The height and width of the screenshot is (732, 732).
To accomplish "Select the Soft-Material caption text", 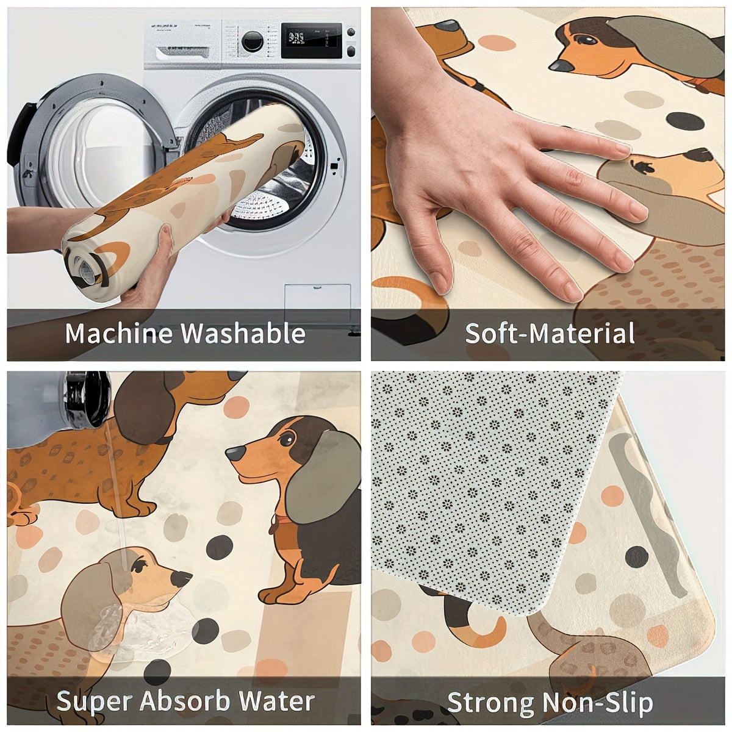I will click(x=550, y=334).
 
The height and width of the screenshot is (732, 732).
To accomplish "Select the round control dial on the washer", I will click(x=252, y=41).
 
